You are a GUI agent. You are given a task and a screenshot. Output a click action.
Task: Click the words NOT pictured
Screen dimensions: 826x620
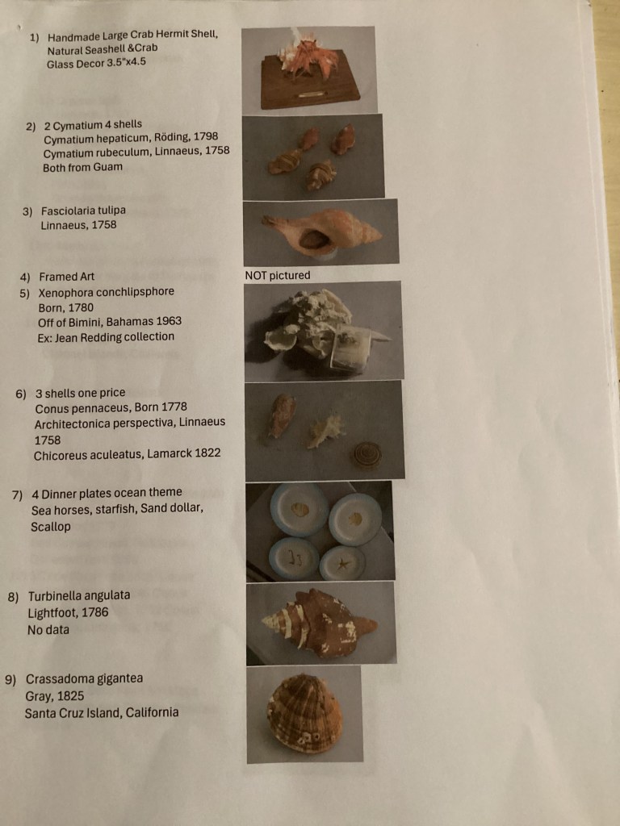(277, 276)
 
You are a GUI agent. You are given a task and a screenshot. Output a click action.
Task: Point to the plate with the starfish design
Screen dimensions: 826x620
(343, 563)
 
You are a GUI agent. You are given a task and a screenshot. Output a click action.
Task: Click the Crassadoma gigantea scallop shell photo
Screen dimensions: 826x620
(304, 714)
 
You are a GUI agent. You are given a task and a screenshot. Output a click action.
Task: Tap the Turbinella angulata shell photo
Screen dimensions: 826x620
(320, 623)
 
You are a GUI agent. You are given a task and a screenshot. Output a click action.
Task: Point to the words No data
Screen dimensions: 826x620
(48, 630)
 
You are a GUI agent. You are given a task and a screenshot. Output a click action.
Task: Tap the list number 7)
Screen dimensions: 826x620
(17, 494)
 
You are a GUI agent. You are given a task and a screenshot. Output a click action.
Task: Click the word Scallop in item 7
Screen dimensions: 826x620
(51, 527)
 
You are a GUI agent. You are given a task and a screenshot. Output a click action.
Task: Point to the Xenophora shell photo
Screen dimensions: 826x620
(323, 331)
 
